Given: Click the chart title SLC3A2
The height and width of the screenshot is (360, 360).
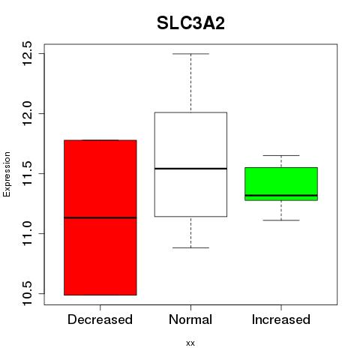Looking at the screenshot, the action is pos(190,23).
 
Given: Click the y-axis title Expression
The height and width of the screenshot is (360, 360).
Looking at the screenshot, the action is pos(7,174).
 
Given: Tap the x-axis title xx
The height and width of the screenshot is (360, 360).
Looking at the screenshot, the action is pos(190,343).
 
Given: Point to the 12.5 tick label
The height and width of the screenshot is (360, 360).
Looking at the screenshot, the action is pos(27,53).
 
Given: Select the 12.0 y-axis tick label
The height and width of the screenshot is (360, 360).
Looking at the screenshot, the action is pos(27,113).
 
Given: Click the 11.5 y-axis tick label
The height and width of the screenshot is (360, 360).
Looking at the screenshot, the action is pos(27,173).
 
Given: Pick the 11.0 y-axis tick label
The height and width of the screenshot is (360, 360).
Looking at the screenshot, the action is pos(27,233).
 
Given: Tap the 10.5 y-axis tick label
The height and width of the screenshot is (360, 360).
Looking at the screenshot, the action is pos(27,293).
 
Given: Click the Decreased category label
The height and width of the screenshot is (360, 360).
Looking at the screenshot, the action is pos(100,319).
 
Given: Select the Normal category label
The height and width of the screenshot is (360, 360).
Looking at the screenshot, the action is pos(190,319).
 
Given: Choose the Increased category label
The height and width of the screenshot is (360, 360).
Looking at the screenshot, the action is pos(281,319).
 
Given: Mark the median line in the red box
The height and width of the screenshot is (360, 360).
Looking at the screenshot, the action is pos(100,217).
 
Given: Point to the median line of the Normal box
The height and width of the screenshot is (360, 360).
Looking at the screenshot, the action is pos(190,169).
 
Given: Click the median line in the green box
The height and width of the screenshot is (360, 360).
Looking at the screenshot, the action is pos(281,195).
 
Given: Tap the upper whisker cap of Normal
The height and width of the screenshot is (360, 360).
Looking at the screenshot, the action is pos(190,54).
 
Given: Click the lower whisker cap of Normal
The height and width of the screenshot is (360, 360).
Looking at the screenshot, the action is pos(190,247).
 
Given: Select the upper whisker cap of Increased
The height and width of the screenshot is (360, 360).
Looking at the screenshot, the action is pos(281,155).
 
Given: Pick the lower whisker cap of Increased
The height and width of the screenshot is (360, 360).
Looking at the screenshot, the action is pos(281,220).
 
